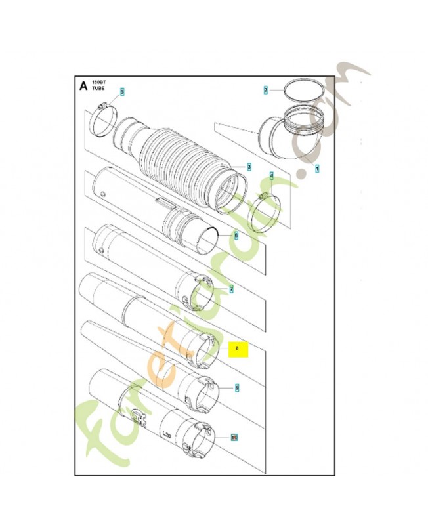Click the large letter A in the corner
[x=83, y=86]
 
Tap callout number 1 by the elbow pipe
[x=318, y=169]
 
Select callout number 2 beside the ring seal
[x=266, y=89]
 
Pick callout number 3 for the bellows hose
[x=249, y=167]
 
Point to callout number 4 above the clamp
[x=272, y=177]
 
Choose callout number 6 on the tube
[x=236, y=235]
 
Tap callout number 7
[x=231, y=289]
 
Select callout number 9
[x=237, y=388]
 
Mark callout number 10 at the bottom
[x=235, y=436]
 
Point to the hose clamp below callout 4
[x=268, y=214]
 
